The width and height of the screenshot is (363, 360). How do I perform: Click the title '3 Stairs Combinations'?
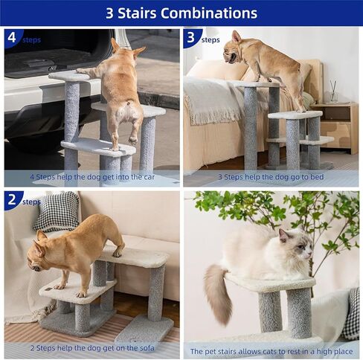tap(181, 13)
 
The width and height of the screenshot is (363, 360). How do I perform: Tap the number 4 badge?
tap(11, 36)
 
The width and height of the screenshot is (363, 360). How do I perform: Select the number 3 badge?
tap(191, 36)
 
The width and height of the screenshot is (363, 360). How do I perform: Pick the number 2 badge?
tap(11, 199)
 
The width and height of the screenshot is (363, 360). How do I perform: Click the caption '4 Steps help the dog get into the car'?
tap(92, 177)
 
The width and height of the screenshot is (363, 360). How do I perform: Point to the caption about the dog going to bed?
tap(271, 177)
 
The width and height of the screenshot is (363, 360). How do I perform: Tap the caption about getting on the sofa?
tap(92, 348)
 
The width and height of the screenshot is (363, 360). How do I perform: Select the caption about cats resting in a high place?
tap(271, 350)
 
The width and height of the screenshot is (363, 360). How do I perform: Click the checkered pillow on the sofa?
tap(56, 211)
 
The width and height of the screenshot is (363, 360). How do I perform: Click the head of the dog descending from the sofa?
tap(44, 256)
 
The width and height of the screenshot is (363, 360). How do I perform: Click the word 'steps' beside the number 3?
tap(211, 39)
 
